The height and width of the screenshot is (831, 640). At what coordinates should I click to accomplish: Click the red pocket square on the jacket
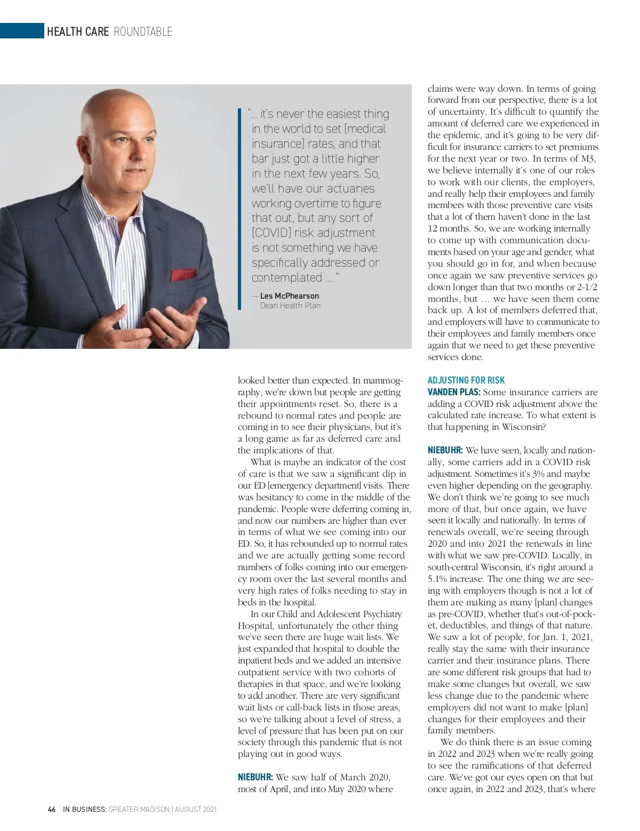(x=183, y=275)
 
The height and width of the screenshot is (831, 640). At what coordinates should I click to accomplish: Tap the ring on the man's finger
(x=166, y=337)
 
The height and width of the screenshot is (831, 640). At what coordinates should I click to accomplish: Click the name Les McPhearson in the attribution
(x=289, y=296)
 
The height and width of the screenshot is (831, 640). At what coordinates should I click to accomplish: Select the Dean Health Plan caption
(x=290, y=306)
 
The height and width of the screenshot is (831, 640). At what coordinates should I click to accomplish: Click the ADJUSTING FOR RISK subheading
(x=466, y=380)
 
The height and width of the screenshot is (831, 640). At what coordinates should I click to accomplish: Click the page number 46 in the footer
(x=52, y=809)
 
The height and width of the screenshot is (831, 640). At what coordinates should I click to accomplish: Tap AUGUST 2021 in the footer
(x=196, y=809)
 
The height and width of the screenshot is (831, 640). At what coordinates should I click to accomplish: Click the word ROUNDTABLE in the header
(x=143, y=31)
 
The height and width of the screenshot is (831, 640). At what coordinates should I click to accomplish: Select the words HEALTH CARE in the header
(x=78, y=31)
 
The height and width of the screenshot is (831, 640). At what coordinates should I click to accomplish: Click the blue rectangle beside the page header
(x=22, y=31)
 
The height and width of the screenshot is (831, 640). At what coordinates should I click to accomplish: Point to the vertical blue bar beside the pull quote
(x=240, y=209)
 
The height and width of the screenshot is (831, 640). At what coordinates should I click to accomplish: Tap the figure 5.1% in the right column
(x=441, y=579)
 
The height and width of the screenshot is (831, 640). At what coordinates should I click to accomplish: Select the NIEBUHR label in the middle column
(x=255, y=777)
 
